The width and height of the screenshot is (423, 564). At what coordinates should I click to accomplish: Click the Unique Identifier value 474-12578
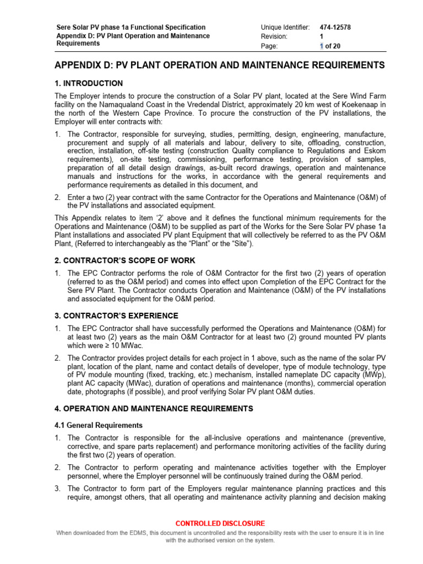[337, 27]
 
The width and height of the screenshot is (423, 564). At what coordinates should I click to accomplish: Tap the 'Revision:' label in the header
[274, 36]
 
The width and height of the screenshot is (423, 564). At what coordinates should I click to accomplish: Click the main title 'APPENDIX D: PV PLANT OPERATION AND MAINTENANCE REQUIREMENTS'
[220, 66]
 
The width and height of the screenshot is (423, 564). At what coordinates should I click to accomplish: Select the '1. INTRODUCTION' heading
[89, 84]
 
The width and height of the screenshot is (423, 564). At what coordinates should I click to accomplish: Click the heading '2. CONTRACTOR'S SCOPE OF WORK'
[124, 261]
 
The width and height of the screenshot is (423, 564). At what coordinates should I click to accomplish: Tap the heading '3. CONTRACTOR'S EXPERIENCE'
[116, 316]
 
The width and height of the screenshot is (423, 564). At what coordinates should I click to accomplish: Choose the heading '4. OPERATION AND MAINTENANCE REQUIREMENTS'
[154, 409]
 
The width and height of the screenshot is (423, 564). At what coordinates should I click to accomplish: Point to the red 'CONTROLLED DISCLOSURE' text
[220, 523]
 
